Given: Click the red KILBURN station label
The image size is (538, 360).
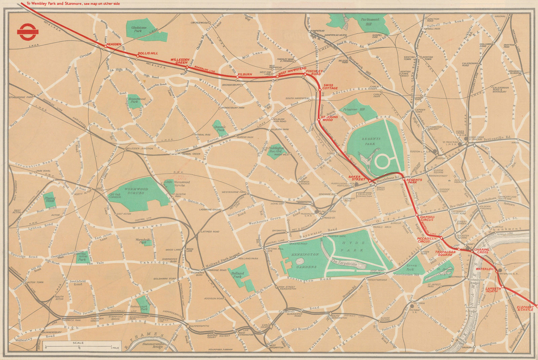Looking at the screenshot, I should (x=244, y=74).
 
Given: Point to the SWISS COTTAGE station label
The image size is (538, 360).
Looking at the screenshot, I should (x=330, y=86).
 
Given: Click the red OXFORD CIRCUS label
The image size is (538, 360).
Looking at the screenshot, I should (x=427, y=218).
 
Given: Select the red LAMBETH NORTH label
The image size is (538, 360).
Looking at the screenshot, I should (x=494, y=290).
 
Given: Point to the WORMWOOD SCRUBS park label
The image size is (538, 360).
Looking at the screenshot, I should (x=134, y=191).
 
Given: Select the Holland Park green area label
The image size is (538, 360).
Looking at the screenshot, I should (x=238, y=275).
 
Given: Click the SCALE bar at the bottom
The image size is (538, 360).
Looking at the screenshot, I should (x=78, y=345).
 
